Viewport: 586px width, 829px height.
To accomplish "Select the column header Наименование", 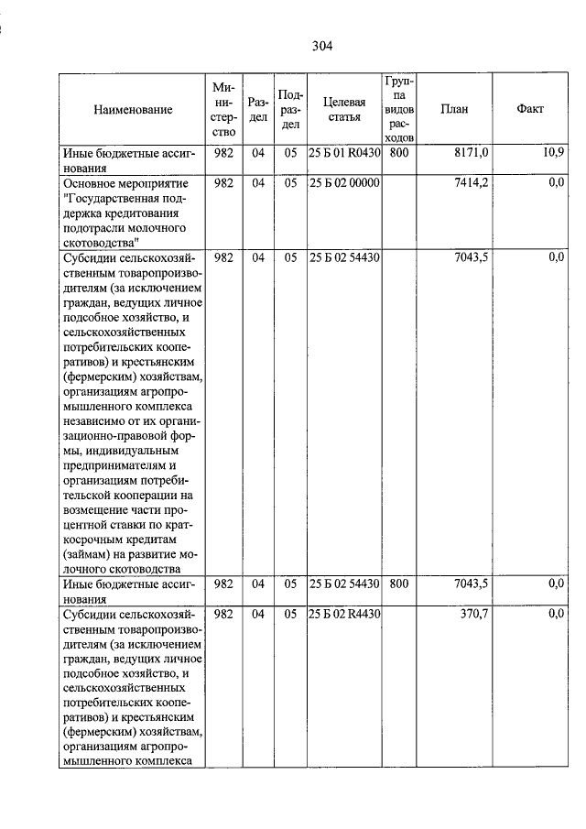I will click(x=133, y=109).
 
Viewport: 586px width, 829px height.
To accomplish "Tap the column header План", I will click(x=454, y=109).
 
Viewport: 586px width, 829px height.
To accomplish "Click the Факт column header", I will click(x=529, y=109).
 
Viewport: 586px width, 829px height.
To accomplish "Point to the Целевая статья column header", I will click(x=344, y=109).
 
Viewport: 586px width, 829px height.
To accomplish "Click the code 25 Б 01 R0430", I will click(x=344, y=152).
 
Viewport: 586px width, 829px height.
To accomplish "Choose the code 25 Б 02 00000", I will click(x=344, y=183).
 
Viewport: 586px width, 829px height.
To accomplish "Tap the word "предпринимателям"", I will click(x=114, y=464).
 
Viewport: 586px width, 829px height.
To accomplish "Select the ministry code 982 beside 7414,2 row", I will click(x=222, y=183).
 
